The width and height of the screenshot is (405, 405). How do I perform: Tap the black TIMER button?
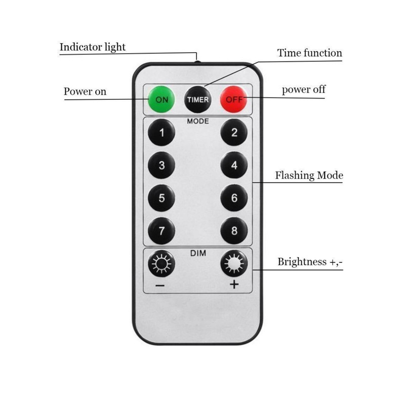coord(197,99)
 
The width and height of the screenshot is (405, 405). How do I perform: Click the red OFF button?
coord(234,99)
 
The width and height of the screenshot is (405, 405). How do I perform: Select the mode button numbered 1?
coord(161,134)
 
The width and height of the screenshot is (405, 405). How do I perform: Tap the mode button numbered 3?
coord(161,166)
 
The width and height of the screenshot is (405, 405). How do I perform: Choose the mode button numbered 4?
coord(234,166)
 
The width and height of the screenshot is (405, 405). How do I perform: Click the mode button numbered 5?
coord(161,198)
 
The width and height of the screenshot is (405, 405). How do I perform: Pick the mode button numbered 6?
coord(234,198)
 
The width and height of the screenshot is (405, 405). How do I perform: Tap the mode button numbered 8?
coord(234,231)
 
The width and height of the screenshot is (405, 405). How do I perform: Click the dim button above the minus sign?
coord(161,264)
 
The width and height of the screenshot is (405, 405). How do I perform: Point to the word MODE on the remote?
coord(197,121)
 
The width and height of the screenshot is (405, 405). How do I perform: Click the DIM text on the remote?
coord(197,253)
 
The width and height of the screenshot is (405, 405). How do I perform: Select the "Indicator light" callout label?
coord(93,47)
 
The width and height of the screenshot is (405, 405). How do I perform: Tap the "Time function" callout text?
coord(309,53)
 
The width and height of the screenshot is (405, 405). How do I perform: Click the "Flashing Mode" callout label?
coord(309,176)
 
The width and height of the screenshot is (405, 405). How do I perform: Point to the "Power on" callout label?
coord(85,91)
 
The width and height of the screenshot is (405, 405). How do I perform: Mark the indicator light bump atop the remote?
coord(197,62)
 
